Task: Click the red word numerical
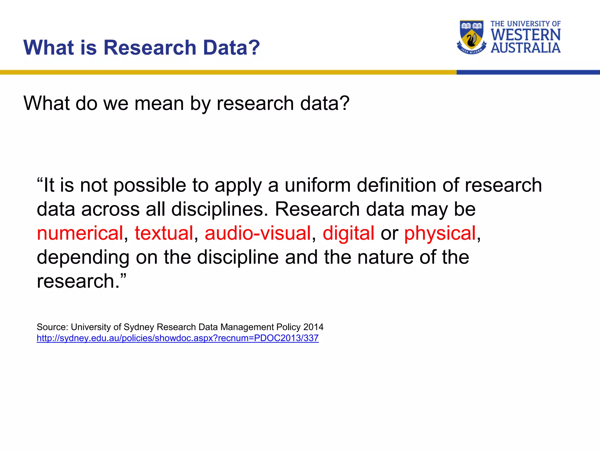pos(80,233)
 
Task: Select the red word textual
pos(164,233)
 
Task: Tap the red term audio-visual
pos(258,233)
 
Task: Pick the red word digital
pos(348,233)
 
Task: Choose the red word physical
pos(440,233)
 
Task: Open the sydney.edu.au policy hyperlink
pos(178,338)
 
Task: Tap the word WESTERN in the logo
pos(526,35)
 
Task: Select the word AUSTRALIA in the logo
pos(526,48)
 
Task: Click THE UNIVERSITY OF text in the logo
pos(526,24)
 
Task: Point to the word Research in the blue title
pos(150,47)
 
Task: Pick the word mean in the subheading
pos(159,103)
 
